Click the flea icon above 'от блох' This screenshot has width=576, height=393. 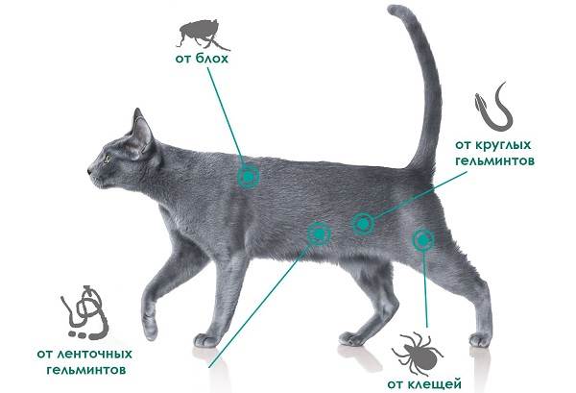pyautogui.click(x=202, y=34)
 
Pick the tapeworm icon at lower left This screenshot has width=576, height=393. pyautogui.click(x=85, y=312)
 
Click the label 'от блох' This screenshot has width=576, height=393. pyautogui.click(x=202, y=59)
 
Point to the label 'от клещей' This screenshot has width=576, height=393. pyautogui.click(x=424, y=384)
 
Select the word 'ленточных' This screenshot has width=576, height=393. pyautogui.click(x=95, y=354)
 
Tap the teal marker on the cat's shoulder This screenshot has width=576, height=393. pyautogui.click(x=249, y=177)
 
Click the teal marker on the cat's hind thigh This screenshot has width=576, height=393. pyautogui.click(x=422, y=240)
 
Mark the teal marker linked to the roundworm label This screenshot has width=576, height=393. pyautogui.click(x=363, y=224)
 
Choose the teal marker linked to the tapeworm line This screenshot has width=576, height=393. pyautogui.click(x=319, y=233)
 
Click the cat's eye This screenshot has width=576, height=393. pyautogui.click(x=108, y=159)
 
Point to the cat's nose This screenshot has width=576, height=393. pyautogui.click(x=89, y=171)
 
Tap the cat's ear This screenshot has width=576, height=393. pyautogui.click(x=142, y=134)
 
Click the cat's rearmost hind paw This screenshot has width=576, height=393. pyautogui.click(x=480, y=340)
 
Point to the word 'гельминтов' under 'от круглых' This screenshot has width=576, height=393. pyautogui.click(x=494, y=160)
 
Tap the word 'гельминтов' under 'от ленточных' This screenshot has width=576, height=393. pyautogui.click(x=86, y=370)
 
